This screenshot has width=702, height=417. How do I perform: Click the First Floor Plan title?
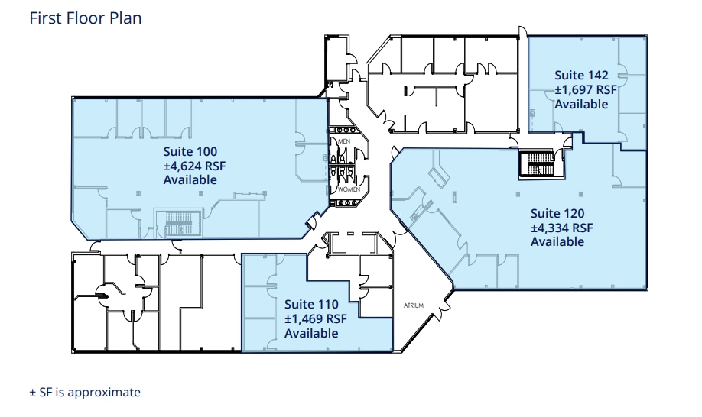point(85,18)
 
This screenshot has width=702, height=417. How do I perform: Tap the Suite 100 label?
point(190,151)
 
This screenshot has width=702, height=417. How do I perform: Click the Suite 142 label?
point(581,75)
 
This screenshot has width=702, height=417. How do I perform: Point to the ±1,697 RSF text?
point(585,89)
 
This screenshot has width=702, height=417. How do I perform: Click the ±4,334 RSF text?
point(562,228)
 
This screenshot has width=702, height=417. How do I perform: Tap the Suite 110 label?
point(311,305)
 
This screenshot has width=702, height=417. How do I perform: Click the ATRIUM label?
point(413,305)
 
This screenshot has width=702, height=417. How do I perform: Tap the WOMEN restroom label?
point(349,188)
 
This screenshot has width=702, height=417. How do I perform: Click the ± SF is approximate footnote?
point(85,392)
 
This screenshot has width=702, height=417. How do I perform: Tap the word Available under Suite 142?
point(581,104)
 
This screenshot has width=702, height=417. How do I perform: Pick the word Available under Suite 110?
point(311,334)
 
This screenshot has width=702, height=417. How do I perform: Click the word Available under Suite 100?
point(190,180)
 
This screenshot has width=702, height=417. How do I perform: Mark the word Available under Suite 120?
point(557,242)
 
